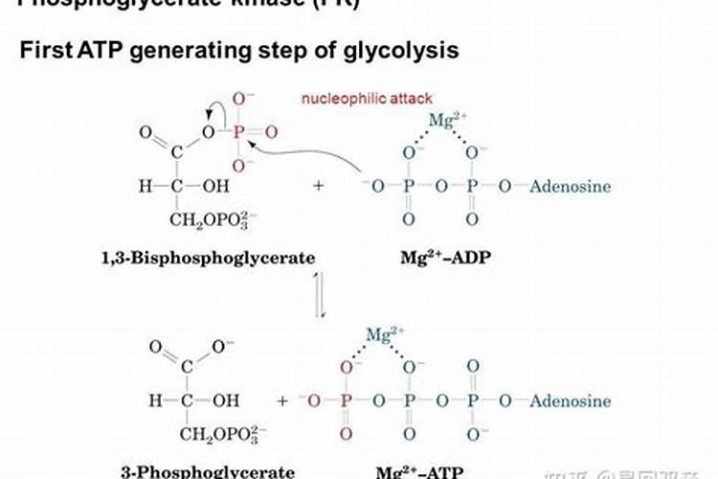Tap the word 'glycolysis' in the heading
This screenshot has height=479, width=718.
point(406,51)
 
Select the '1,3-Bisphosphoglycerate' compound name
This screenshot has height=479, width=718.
point(208,257)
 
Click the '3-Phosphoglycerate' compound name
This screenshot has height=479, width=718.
point(207,470)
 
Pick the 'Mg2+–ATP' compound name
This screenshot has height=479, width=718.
point(440,470)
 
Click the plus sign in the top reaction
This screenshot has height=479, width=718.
point(318,186)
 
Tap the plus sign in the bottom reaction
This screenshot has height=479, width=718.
point(282,400)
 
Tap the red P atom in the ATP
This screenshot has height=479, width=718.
point(347,399)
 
